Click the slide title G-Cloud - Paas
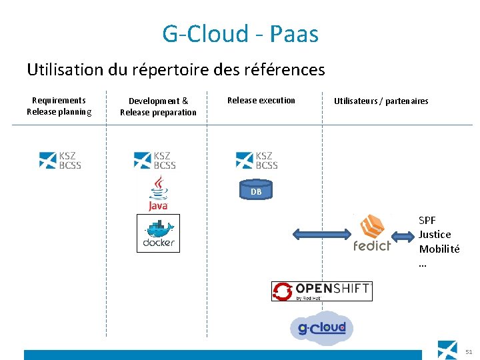pos(240,34)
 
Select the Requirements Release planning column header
pos(59,106)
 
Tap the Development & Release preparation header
pos(158,107)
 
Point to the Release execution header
pos(261,101)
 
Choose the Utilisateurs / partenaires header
pos(381,101)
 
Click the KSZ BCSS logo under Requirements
pos(60,160)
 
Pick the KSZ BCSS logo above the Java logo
pos(155,160)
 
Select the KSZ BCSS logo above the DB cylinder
pos(257,160)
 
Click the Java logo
pos(158,193)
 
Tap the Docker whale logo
pos(158,233)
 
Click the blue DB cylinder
pos(257,191)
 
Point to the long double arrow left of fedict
pos(321,234)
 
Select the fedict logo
pos(372,233)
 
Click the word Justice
pos(435,235)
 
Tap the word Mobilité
pos(439,249)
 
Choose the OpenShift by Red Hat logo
pos(321,291)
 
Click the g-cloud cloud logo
pos(321,328)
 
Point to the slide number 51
pos(469,351)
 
